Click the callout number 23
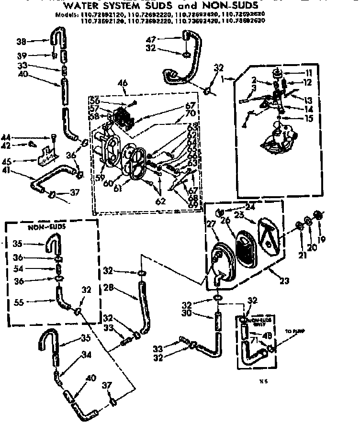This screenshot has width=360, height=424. [284, 281]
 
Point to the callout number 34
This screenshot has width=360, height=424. [86, 355]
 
